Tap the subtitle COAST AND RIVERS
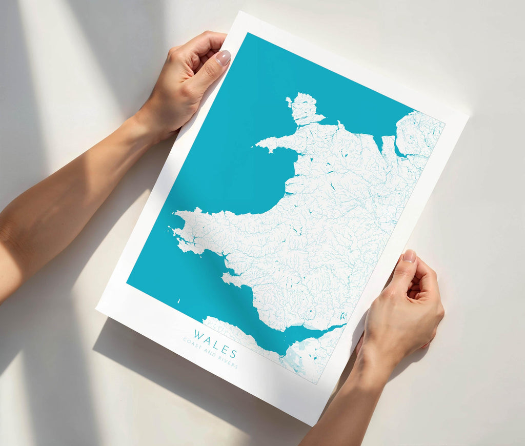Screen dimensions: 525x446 click(210, 353)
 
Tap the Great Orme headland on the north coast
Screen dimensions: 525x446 click(339, 124)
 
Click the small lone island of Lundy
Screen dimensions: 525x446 click(179, 301)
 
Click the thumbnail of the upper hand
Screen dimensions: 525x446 click(223, 57)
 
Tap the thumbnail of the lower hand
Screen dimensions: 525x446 click(409, 256)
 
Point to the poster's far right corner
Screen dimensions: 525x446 click(468, 115)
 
